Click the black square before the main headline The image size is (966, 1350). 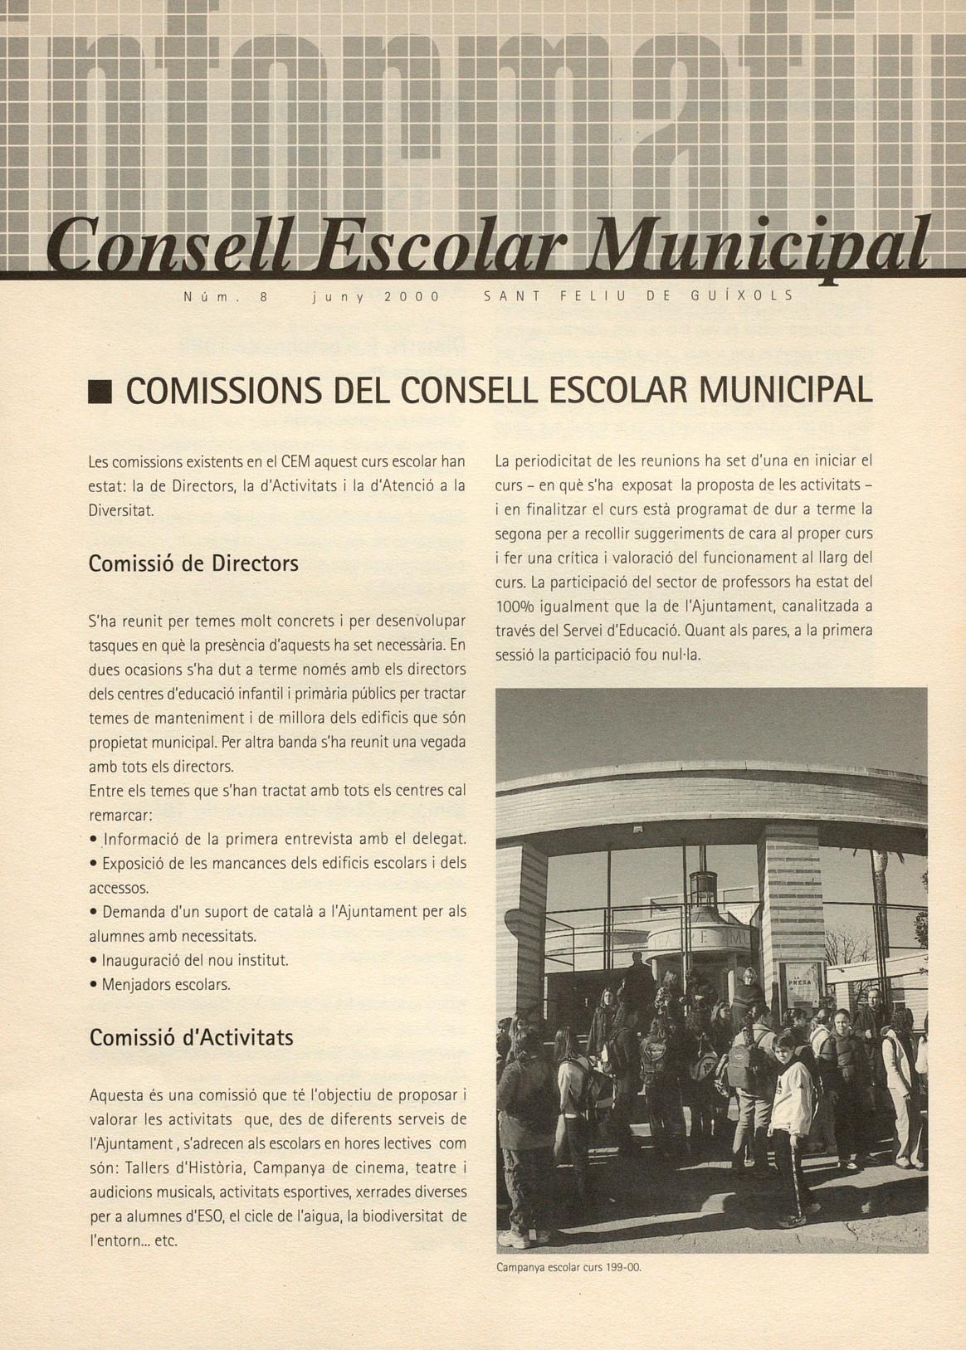point(100,392)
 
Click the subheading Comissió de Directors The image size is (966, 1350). point(193,564)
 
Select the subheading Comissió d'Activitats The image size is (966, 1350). point(191,1037)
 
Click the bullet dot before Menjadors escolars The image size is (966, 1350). point(94,985)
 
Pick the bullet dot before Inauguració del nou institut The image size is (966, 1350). point(94,960)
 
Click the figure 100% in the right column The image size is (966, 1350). point(515,607)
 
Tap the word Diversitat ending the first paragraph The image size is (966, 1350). point(121,510)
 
